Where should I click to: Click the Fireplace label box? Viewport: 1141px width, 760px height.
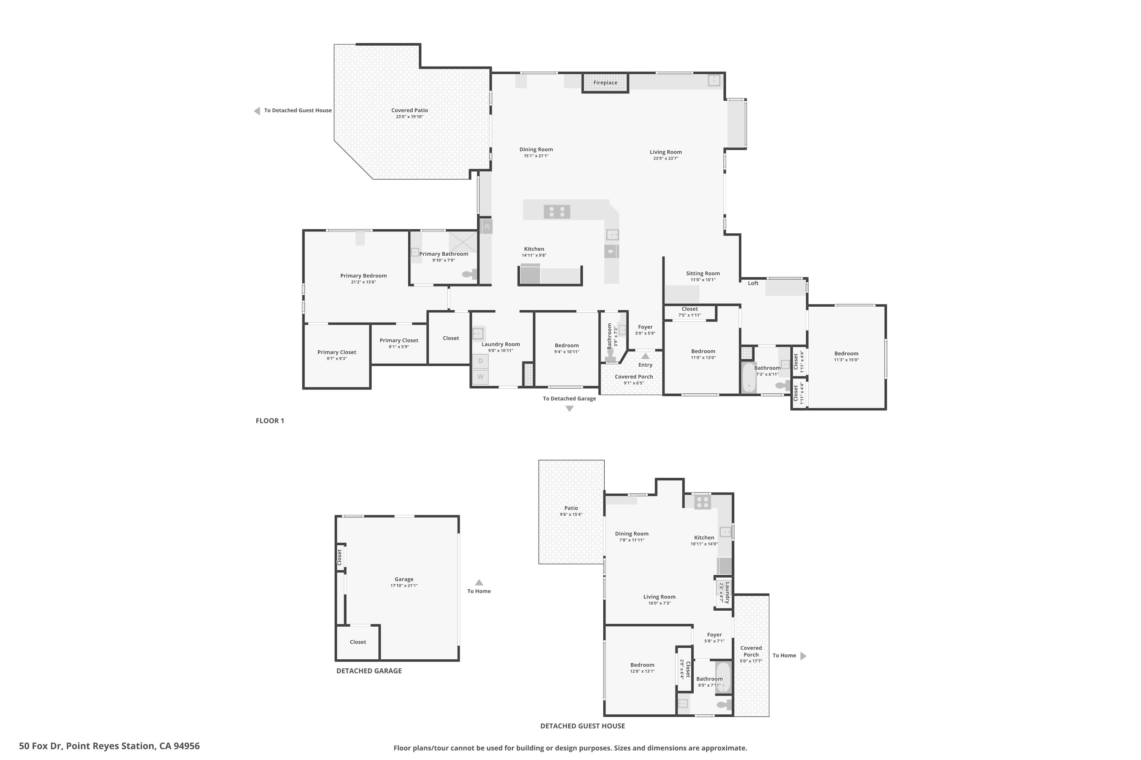tap(605, 82)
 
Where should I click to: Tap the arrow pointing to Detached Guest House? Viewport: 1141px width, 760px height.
tap(257, 111)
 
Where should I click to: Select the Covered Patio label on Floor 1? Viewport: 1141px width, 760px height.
tap(410, 111)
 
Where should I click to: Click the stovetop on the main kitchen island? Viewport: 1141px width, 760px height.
tap(556, 212)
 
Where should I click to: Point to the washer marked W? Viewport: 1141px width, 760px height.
tap(480, 377)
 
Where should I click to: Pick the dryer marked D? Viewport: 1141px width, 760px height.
tap(480, 361)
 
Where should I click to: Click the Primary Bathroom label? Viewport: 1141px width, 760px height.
tap(443, 254)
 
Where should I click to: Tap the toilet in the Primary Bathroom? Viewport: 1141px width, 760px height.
tap(469, 274)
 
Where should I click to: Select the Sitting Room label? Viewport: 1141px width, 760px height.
tap(702, 273)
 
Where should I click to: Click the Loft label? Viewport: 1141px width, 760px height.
tap(753, 283)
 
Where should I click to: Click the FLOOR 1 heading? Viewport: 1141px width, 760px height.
tap(270, 421)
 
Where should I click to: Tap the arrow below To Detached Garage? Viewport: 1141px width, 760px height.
tap(569, 408)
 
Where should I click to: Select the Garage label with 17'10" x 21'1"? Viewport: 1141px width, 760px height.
tap(404, 579)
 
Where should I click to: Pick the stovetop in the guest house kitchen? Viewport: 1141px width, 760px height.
tap(702, 502)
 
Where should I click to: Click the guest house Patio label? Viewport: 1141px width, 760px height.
tap(571, 508)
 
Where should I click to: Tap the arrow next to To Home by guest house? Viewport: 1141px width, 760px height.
tap(803, 656)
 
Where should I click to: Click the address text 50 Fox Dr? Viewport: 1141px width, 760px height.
tap(41, 746)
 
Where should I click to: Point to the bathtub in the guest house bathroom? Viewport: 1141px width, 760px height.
tap(723, 677)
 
